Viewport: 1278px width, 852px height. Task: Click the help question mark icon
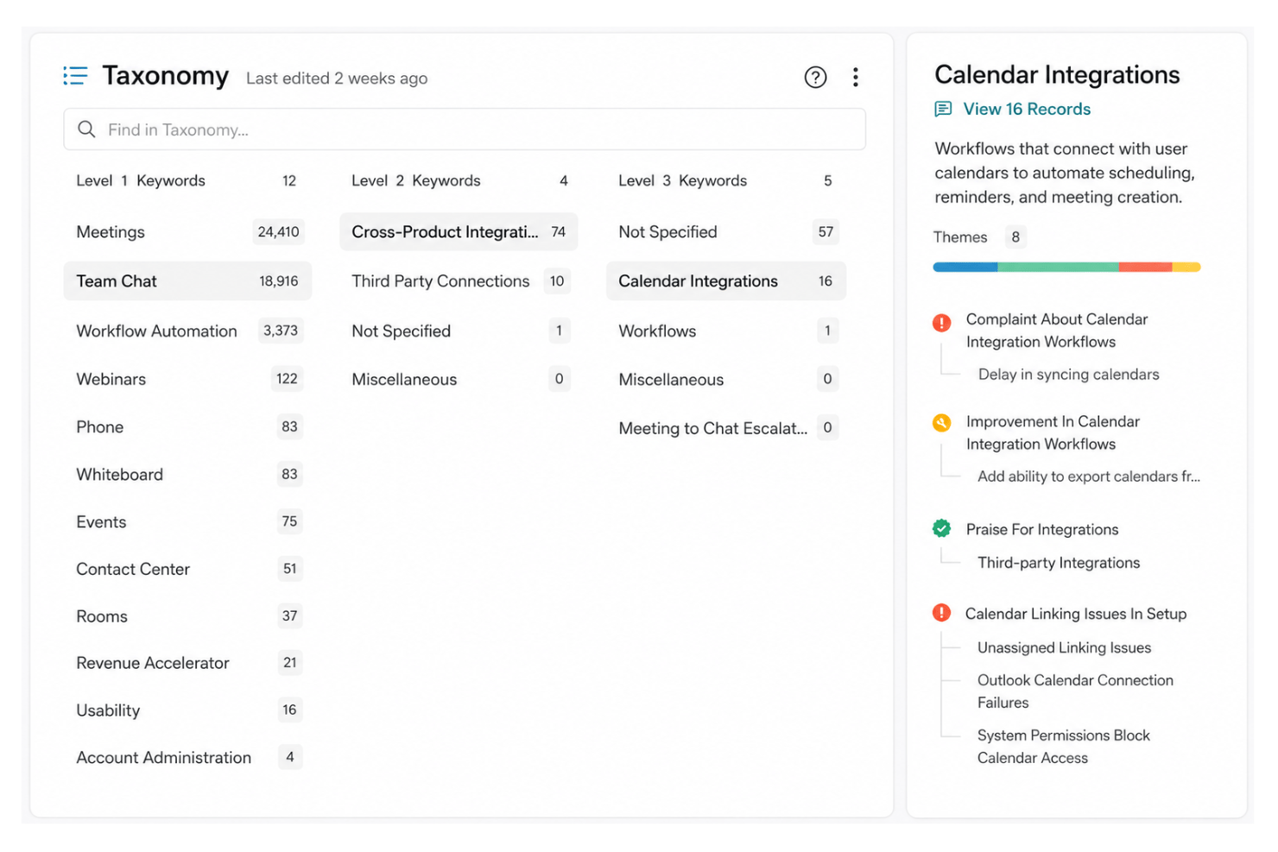815,77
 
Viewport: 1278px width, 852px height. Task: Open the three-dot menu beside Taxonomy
855,77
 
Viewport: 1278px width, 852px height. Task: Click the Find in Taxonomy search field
465,129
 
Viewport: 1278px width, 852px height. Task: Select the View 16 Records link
1027,109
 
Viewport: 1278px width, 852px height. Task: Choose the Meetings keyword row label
111,232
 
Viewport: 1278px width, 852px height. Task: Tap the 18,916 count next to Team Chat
278,281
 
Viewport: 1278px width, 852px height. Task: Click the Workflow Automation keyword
156,331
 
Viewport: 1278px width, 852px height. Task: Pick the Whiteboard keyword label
120,475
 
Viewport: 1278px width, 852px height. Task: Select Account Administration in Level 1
164,757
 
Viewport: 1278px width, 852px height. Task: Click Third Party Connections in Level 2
440,281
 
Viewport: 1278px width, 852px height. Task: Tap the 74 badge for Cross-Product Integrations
558,232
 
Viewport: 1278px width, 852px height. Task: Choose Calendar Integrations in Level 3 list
698,281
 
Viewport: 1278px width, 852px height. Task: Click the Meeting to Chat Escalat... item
713,428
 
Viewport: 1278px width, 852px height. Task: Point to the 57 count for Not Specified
826,232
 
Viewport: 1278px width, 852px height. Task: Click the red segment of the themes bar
1145,267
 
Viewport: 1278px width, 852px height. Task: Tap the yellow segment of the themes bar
1186,267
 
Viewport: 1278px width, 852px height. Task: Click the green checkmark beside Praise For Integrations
941,528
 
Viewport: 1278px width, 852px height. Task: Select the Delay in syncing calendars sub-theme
1069,374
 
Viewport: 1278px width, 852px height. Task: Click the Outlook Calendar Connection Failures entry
1075,691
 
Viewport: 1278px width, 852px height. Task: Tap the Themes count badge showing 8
1015,237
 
